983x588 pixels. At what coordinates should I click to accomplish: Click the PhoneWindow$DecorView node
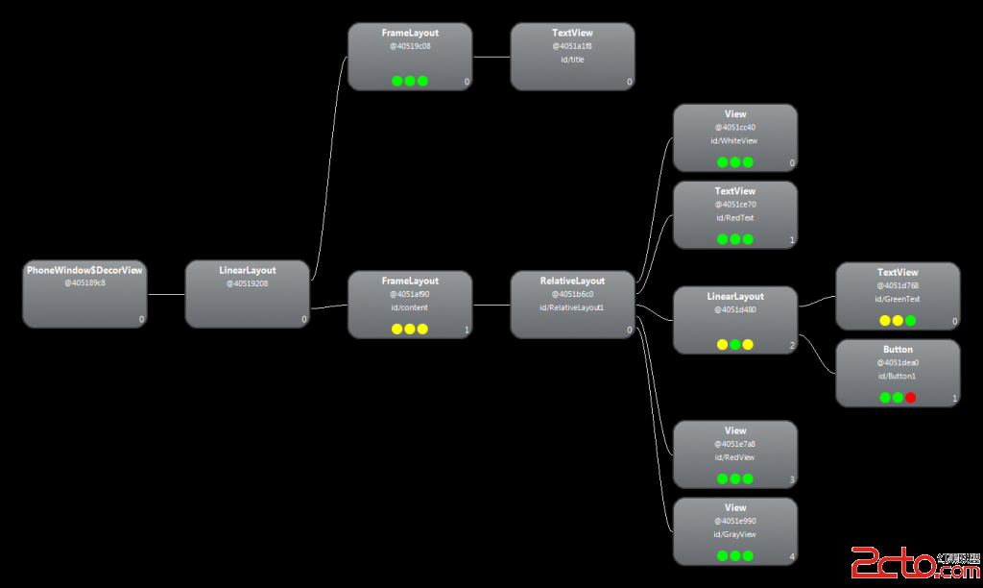click(84, 293)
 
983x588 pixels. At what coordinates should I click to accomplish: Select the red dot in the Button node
click(910, 398)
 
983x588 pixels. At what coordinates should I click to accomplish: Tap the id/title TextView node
click(572, 57)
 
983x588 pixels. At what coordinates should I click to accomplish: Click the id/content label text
click(410, 307)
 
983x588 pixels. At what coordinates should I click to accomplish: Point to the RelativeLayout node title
click(572, 281)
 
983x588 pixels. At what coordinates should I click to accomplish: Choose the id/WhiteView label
click(734, 141)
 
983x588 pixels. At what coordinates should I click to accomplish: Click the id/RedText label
click(734, 218)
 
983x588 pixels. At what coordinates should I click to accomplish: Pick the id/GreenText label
click(898, 299)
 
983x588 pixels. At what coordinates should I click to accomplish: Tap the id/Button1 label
click(898, 376)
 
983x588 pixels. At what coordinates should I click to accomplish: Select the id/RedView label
click(734, 457)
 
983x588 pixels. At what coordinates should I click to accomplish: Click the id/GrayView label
click(734, 534)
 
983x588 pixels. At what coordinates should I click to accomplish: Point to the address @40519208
click(247, 283)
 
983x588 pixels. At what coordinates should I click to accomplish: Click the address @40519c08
click(410, 46)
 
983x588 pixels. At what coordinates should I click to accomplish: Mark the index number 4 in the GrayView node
click(792, 556)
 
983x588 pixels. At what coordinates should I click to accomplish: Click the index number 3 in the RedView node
click(792, 479)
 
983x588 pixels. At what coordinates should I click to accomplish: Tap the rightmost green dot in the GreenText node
click(910, 321)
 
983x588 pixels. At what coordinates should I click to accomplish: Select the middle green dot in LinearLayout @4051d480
click(735, 344)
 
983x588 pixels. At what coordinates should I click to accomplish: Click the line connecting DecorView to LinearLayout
click(166, 294)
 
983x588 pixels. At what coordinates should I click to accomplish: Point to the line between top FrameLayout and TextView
click(491, 57)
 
